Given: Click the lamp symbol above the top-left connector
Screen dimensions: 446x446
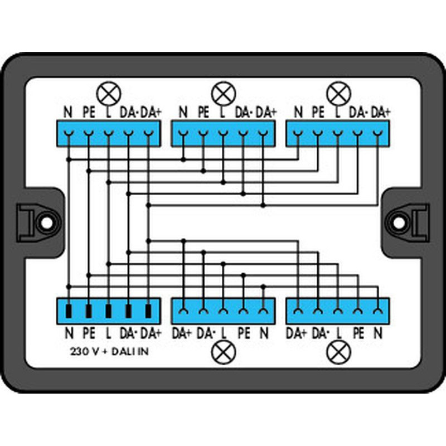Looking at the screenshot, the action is pyautogui.click(x=109, y=94).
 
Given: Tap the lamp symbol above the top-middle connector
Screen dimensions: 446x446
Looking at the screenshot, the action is pyautogui.click(x=224, y=94).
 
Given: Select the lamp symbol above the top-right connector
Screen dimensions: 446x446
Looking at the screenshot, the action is pyautogui.click(x=338, y=94).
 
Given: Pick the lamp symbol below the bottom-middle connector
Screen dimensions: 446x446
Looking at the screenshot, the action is pyautogui.click(x=224, y=352).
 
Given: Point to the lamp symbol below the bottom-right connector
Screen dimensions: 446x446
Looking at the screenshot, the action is pyautogui.click(x=338, y=352).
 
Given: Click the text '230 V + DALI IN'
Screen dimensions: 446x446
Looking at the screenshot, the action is pyautogui.click(x=109, y=352).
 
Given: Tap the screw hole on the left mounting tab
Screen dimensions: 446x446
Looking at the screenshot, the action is pyautogui.click(x=47, y=222).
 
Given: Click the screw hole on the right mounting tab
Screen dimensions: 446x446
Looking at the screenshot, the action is pyautogui.click(x=399, y=222).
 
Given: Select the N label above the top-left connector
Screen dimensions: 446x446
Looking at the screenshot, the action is pyautogui.click(x=68, y=113).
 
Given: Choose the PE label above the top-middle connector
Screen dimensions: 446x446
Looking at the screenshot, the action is pyautogui.click(x=203, y=113).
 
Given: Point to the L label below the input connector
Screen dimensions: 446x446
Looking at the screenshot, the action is pyautogui.click(x=108, y=333).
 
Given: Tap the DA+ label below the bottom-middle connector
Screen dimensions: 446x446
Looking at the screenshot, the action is pyautogui.click(x=182, y=333).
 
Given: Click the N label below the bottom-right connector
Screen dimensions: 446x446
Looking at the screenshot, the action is pyautogui.click(x=378, y=333).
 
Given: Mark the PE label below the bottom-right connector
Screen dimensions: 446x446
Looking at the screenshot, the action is pyautogui.click(x=358, y=333).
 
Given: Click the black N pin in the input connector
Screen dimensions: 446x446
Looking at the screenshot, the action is pyautogui.click(x=69, y=311).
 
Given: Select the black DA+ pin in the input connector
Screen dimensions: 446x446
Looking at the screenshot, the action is pyautogui.click(x=148, y=311).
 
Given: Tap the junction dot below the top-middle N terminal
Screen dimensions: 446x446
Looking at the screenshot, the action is pyautogui.click(x=183, y=159).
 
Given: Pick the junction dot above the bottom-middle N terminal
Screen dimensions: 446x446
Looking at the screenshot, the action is pyautogui.click(x=263, y=286).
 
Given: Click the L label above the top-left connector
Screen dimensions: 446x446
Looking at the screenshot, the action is pyautogui.click(x=108, y=113).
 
